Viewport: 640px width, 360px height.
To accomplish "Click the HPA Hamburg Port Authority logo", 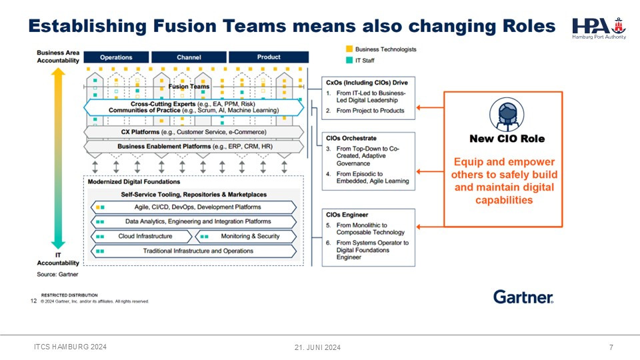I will pyautogui.click(x=599, y=27).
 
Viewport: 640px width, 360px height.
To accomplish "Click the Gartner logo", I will pyautogui.click(x=523, y=297).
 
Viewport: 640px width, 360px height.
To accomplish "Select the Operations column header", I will pyautogui.click(x=116, y=57).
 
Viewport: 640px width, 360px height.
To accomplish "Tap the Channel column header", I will pyautogui.click(x=189, y=57).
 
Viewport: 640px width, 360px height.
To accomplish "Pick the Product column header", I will pyautogui.click(x=269, y=57).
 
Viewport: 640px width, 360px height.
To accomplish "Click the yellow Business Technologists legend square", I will pyautogui.click(x=349, y=49).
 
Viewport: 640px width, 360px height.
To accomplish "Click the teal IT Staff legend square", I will pyautogui.click(x=349, y=60).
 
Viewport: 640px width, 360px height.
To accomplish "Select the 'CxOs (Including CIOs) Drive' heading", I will pyautogui.click(x=365, y=82).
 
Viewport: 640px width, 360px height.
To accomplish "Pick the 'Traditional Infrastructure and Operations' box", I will pyautogui.click(x=193, y=251).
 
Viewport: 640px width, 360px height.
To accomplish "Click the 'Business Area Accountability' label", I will pyautogui.click(x=58, y=56).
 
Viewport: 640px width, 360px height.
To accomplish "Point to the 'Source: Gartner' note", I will pyautogui.click(x=57, y=274).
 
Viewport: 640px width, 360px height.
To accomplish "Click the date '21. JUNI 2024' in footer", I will pyautogui.click(x=318, y=347).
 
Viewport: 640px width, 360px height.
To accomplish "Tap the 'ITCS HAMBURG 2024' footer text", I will pyautogui.click(x=70, y=347).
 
